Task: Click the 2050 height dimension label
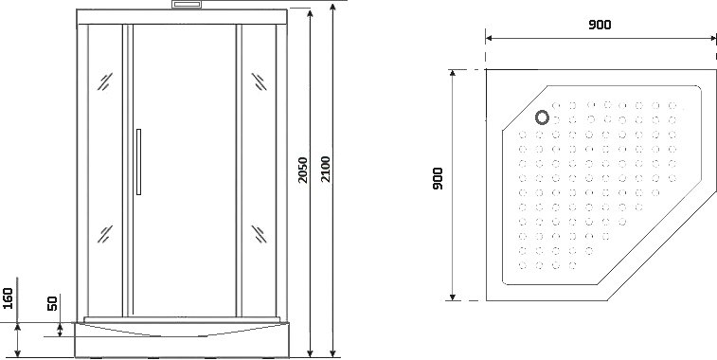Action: [x=303, y=170]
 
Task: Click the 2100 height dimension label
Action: [x=325, y=169]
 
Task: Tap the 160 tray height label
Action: [x=8, y=298]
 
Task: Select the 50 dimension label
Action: [x=53, y=303]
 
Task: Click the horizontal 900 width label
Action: [x=600, y=25]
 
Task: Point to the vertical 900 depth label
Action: [x=438, y=179]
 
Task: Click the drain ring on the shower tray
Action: [x=543, y=117]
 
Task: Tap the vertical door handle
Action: [x=138, y=162]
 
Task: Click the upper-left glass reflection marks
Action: [x=105, y=81]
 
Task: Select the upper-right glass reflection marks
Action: [x=260, y=81]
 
